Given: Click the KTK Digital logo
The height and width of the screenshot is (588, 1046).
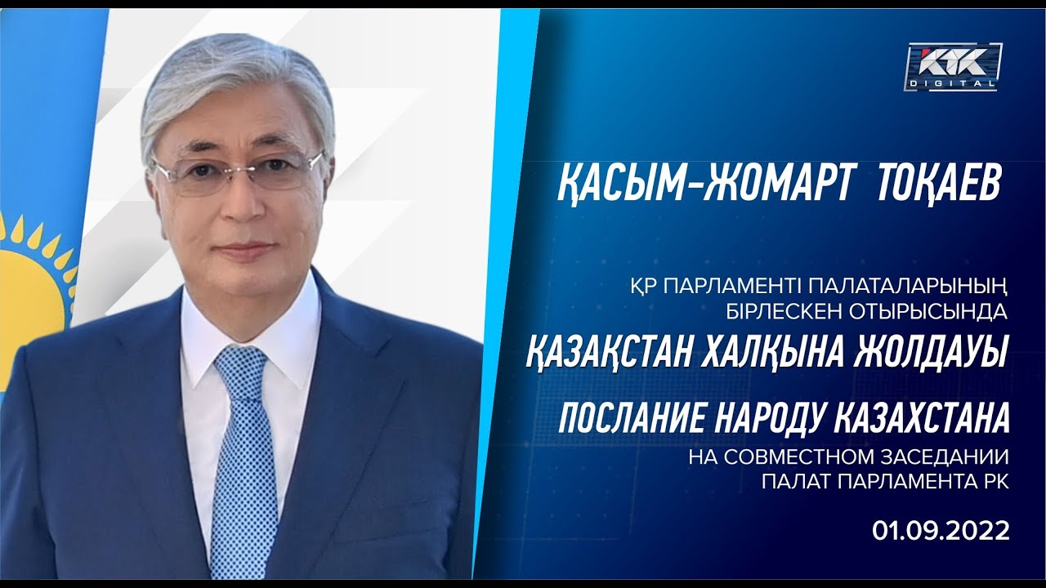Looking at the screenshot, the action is pyautogui.click(x=953, y=67).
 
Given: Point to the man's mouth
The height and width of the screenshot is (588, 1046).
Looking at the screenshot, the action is pyautogui.click(x=246, y=250).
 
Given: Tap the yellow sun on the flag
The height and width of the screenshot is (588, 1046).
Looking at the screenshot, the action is pyautogui.click(x=33, y=280).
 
